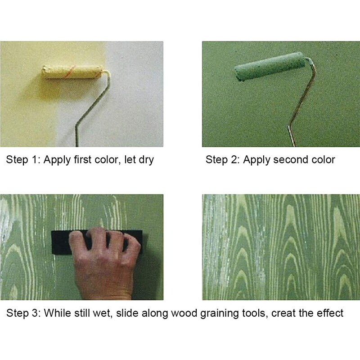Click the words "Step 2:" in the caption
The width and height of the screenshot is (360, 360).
pos(222,160)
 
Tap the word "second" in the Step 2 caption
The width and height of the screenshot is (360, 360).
pos(288,160)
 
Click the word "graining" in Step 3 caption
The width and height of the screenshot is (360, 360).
pos(207,313)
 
